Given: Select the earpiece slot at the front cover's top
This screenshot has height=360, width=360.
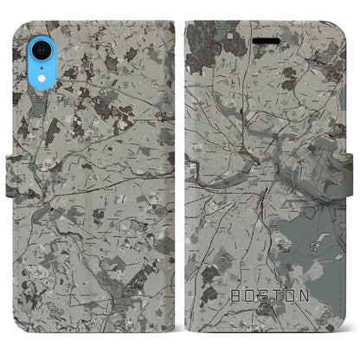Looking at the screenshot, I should click(263, 25).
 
